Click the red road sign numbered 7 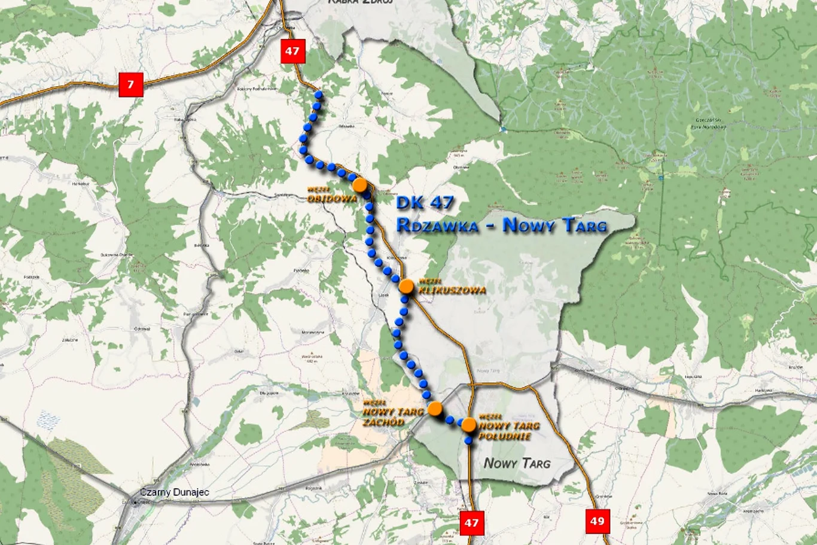[131, 84]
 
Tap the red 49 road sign [597, 521]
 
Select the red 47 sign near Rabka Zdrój [292, 51]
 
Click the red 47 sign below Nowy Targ [471, 523]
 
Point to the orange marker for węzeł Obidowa [360, 185]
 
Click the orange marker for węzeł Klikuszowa [407, 287]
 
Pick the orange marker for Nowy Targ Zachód [435, 409]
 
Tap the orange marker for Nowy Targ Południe [469, 425]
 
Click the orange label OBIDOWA [333, 199]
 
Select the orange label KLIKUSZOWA [452, 290]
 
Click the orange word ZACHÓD [383, 422]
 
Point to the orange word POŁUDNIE [505, 436]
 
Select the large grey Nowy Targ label [517, 462]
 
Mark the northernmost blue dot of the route [319, 95]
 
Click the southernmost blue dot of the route [468, 441]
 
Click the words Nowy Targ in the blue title [554, 226]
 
